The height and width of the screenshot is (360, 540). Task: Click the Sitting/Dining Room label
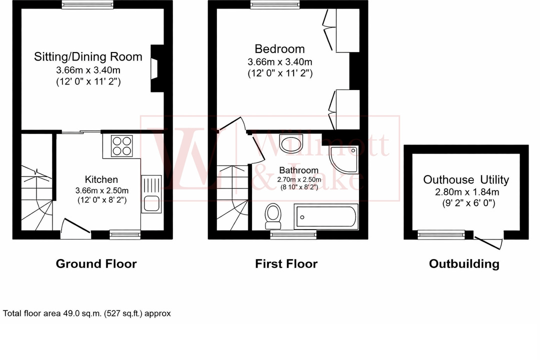pos(88,56)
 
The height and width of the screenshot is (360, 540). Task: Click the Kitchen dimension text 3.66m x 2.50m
pos(101,190)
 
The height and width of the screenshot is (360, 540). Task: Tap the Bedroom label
pos(279,49)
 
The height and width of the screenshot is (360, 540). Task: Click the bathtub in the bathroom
pos(326,216)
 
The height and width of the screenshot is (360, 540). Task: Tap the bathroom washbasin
pos(289,144)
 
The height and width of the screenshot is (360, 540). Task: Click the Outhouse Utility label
pos(466,179)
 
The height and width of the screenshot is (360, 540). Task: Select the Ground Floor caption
pos(96,263)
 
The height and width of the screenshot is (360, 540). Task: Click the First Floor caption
pos(286,263)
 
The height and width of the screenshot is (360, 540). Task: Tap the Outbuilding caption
pos(464,263)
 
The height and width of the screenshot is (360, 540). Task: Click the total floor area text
pos(87,313)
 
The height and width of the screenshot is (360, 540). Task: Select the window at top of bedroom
pos(276,4)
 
